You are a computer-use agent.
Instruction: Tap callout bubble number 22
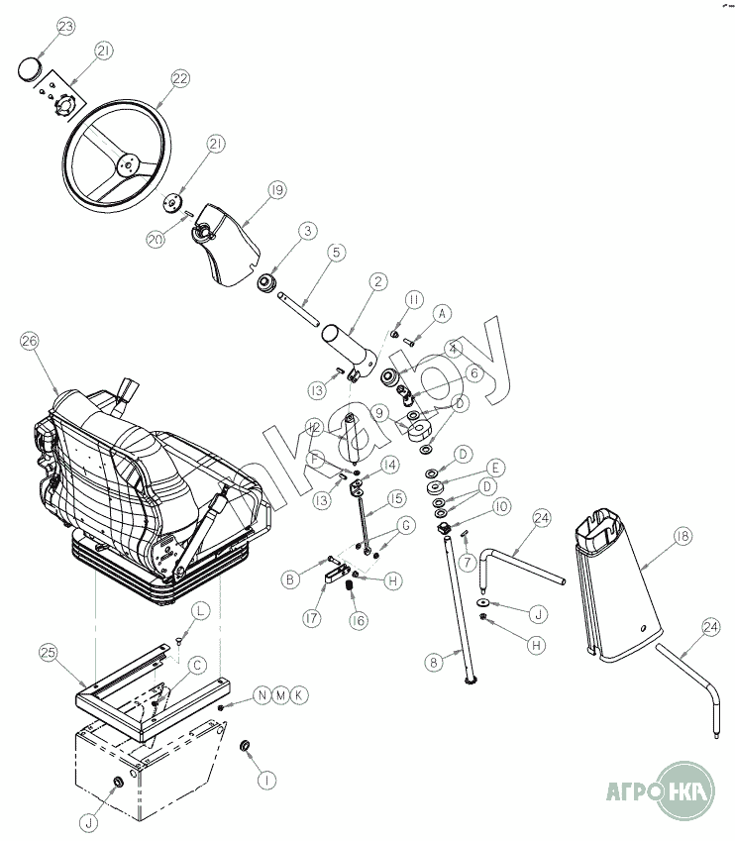point(179,80)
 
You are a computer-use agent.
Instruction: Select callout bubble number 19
point(275,189)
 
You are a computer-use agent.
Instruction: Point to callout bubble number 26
point(29,343)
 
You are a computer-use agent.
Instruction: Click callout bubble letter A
point(442,312)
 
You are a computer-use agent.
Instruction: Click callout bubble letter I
point(265,780)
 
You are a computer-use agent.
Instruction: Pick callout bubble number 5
point(336,253)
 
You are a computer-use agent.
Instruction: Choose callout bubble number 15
point(396,497)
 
